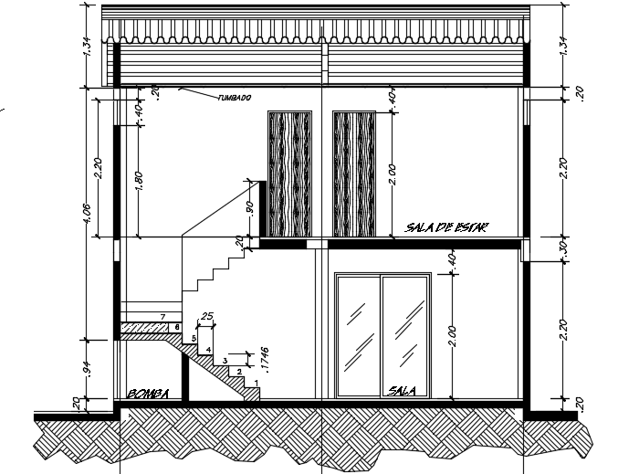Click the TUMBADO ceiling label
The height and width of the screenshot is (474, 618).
235,99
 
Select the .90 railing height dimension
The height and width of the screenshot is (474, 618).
249,206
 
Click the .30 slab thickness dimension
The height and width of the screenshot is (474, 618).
563,248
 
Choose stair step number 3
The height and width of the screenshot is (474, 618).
225,361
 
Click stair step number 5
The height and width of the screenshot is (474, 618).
193,339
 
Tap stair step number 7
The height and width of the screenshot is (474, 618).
162,316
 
